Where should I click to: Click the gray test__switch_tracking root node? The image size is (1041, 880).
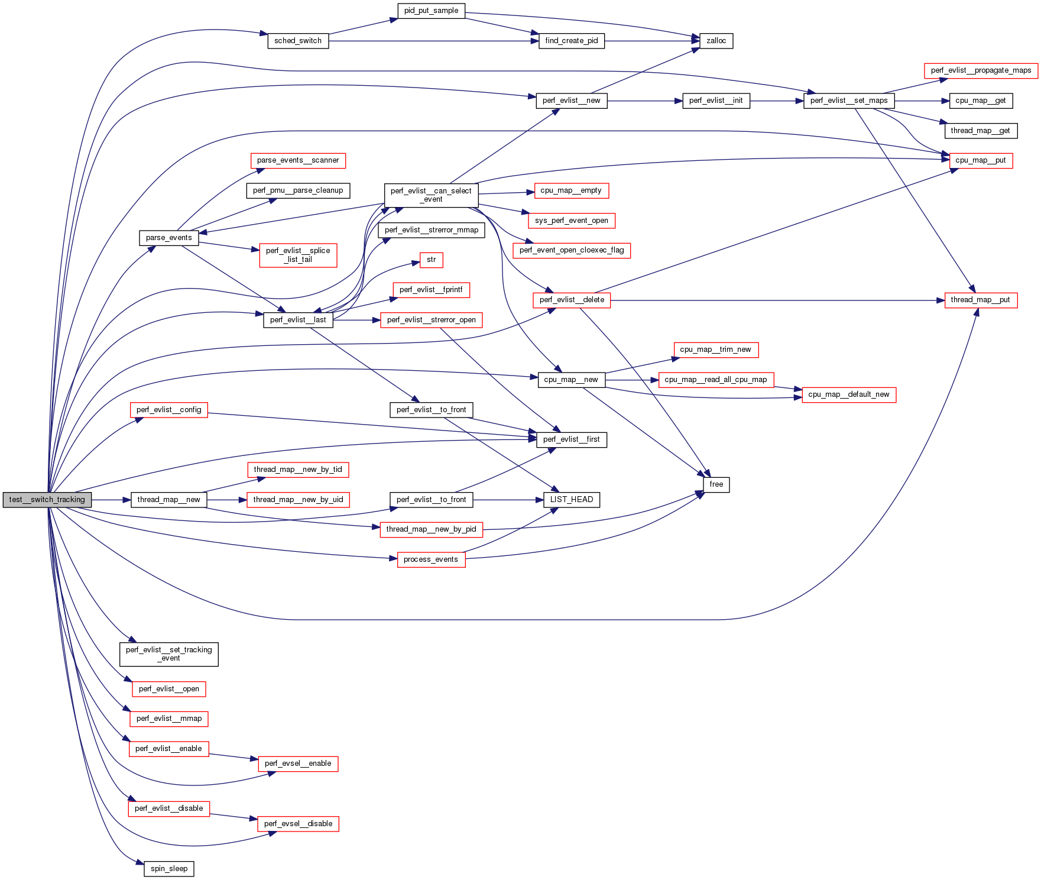pyautogui.click(x=47, y=500)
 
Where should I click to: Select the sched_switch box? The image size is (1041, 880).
pyautogui.click(x=298, y=41)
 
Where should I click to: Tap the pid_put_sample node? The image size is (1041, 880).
pyautogui.click(x=431, y=11)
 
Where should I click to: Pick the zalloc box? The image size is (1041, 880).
pyautogui.click(x=716, y=41)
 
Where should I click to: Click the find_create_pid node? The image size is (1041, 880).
pyautogui.click(x=571, y=41)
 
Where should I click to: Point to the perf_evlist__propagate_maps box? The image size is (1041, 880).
pyautogui.click(x=981, y=70)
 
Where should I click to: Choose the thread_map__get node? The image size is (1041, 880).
pyautogui.click(x=980, y=131)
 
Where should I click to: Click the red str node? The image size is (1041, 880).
pyautogui.click(x=431, y=260)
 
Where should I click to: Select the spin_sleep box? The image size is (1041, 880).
pyautogui.click(x=169, y=869)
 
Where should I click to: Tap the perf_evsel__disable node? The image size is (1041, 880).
pyautogui.click(x=298, y=824)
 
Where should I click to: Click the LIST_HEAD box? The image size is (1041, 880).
pyautogui.click(x=571, y=500)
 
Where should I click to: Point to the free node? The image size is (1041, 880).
pyautogui.click(x=716, y=484)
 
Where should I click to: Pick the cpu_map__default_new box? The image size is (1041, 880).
pyautogui.click(x=848, y=394)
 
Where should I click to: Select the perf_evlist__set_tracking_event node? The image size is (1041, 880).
pyautogui.click(x=168, y=654)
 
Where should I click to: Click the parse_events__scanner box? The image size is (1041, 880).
pyautogui.click(x=298, y=160)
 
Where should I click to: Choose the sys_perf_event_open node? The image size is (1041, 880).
pyautogui.click(x=571, y=221)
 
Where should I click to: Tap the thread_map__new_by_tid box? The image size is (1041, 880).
pyautogui.click(x=298, y=470)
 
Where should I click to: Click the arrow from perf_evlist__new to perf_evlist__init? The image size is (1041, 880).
pyautogui.click(x=644, y=101)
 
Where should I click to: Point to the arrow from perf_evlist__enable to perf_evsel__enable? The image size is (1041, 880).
pyautogui.click(x=234, y=756)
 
